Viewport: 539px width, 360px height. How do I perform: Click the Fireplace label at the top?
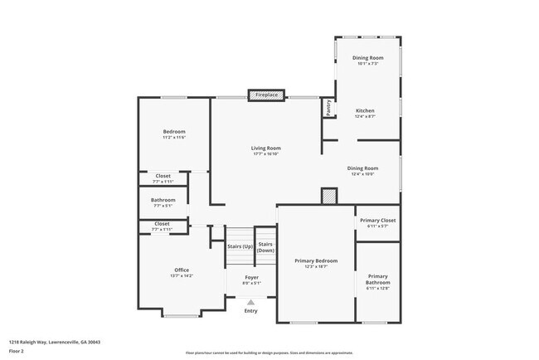265,95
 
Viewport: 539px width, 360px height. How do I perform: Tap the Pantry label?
328,107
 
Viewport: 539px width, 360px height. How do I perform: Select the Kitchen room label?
365,111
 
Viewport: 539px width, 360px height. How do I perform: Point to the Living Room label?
265,148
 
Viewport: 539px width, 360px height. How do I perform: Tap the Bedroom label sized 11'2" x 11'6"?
173,132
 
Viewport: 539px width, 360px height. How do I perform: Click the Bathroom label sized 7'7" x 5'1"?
163,200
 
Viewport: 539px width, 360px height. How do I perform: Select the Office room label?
182,270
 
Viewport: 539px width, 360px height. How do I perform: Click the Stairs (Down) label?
265,247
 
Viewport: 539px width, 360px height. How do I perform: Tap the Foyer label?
251,277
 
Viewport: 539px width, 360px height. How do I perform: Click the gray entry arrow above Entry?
251,303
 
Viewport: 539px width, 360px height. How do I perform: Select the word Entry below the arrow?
251,311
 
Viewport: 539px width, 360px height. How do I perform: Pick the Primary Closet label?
377,221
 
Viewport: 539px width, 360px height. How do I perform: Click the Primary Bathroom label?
377,279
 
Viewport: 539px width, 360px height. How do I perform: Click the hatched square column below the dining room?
329,197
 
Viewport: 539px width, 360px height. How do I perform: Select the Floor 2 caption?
17,350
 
